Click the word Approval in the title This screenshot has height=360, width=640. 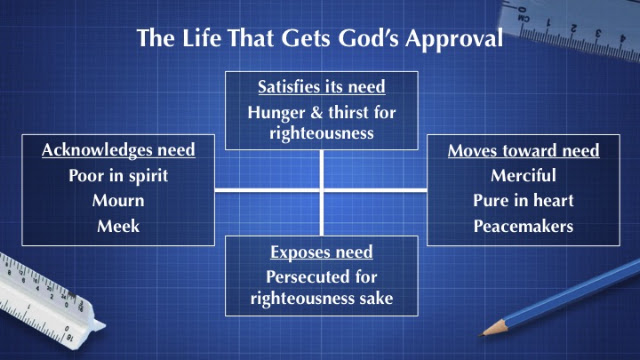[x=454, y=39]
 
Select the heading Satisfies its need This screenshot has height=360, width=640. [x=322, y=87]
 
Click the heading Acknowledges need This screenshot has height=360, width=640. [x=118, y=150]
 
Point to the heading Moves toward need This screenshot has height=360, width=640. [x=524, y=150]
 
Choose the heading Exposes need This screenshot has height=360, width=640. [x=322, y=252]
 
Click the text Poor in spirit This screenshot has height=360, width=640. [x=118, y=176]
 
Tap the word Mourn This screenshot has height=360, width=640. [x=118, y=200]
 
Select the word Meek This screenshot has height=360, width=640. [x=118, y=226]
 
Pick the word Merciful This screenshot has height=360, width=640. [x=524, y=176]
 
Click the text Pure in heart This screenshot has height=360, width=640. [x=524, y=200]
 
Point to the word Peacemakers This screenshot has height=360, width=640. [x=524, y=226]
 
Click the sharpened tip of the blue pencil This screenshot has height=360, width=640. [x=481, y=335]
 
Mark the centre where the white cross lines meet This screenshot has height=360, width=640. [x=322, y=190]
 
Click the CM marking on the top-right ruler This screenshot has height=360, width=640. [x=524, y=18]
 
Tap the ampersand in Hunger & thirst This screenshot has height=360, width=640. [x=317, y=113]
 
